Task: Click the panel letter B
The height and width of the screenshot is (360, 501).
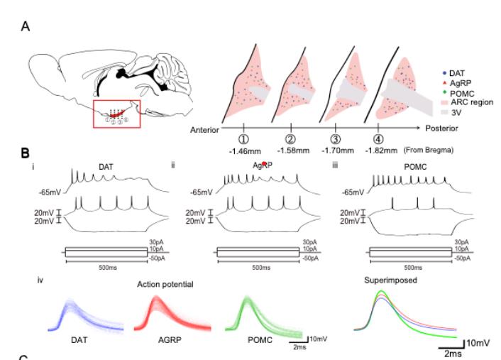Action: pos(26,152)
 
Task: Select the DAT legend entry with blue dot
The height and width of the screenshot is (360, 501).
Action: pos(451,74)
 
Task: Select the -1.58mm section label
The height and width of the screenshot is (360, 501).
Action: pos(291,150)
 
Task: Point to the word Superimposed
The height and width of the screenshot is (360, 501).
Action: pos(390,280)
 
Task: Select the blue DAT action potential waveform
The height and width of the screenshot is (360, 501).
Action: pos(75,312)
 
